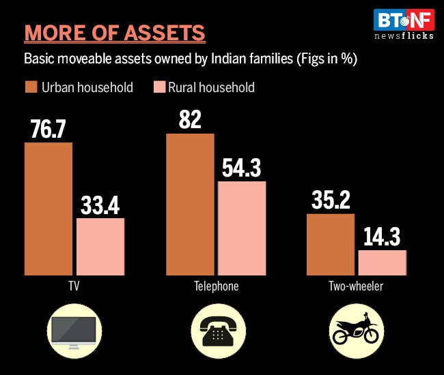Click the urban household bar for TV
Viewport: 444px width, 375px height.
coord(48,209)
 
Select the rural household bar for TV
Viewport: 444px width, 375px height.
coord(100,246)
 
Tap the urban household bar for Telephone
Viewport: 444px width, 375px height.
coord(190,204)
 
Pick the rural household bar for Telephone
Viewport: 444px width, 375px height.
coord(242,228)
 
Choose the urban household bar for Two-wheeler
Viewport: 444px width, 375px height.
coord(331,244)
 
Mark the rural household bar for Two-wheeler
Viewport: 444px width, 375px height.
coord(383,262)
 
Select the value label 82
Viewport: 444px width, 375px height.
coord(190,120)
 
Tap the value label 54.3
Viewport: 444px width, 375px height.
coord(240,168)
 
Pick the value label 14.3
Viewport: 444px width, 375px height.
coord(383,237)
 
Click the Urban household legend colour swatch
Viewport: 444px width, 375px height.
coord(31,87)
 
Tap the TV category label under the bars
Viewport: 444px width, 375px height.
coord(74,286)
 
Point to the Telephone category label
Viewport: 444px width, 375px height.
coord(215,286)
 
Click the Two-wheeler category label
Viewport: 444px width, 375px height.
coord(356,286)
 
